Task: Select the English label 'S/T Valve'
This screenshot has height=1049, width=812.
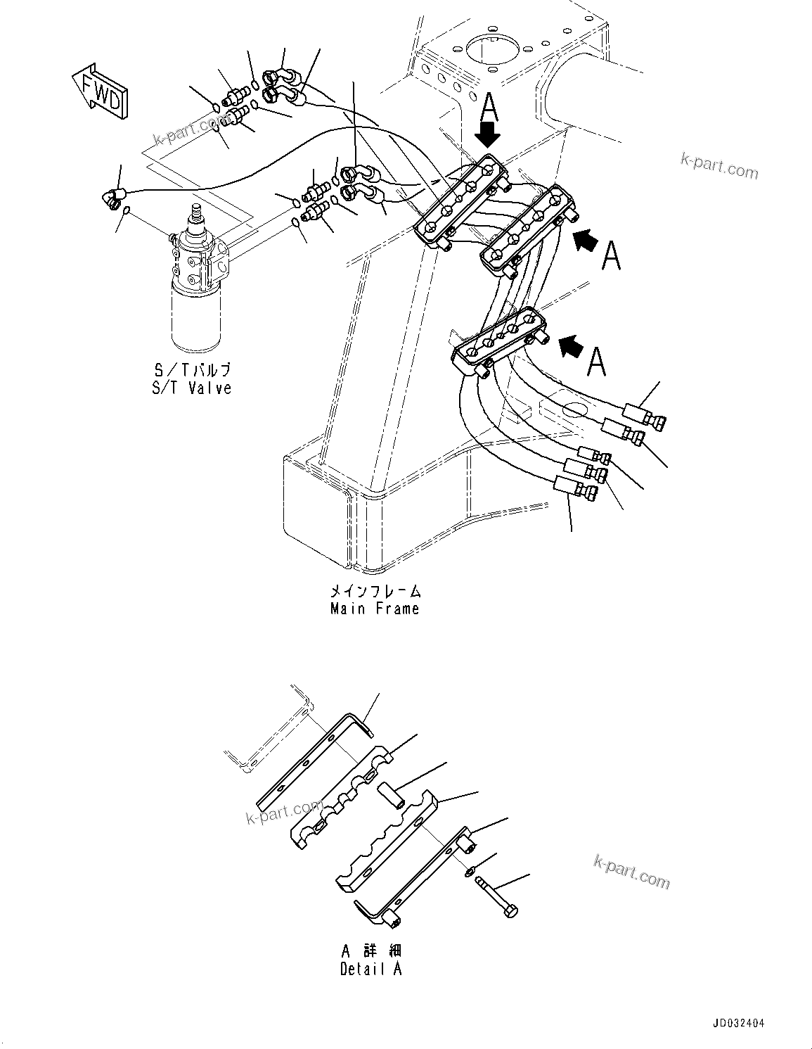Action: tap(191, 388)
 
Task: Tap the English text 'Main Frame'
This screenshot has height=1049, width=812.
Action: tap(375, 609)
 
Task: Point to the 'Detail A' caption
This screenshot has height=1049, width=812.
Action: tap(371, 969)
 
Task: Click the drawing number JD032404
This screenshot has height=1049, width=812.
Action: tap(737, 1023)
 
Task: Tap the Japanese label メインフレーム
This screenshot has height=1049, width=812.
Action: tap(375, 591)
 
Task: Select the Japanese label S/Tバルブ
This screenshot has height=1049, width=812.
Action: tap(191, 370)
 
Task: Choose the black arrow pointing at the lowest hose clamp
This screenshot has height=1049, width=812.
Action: tap(572, 345)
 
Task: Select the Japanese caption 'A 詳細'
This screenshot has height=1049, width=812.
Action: tap(371, 951)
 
